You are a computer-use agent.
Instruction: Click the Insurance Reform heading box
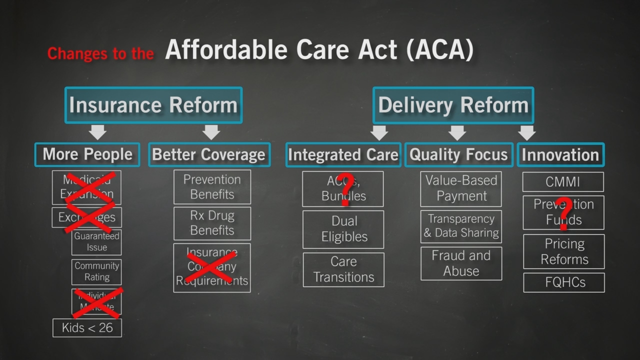click(x=153, y=105)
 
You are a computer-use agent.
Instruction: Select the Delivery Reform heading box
click(x=453, y=105)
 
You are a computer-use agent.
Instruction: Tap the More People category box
click(x=87, y=154)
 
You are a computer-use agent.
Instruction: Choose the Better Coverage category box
click(x=209, y=154)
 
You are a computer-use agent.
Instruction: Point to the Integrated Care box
click(x=343, y=154)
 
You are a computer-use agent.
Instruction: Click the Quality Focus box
click(x=458, y=154)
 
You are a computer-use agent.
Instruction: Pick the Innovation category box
click(x=560, y=155)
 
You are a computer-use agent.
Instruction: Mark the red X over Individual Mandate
click(x=97, y=302)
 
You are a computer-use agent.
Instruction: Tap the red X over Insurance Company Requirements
click(x=211, y=267)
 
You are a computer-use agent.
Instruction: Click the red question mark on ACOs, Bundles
click(x=344, y=188)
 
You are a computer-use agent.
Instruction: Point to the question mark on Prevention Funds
click(x=564, y=212)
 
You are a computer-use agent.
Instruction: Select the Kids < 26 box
click(x=87, y=328)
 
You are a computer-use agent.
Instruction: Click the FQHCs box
click(x=563, y=282)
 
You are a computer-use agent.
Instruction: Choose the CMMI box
click(x=563, y=182)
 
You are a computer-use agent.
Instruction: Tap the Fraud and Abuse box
click(x=461, y=263)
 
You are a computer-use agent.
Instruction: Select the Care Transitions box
click(x=343, y=269)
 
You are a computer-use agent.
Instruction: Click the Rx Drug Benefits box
click(x=212, y=223)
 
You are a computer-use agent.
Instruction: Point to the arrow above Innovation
click(x=526, y=132)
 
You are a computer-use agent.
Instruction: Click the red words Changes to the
click(x=100, y=53)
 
